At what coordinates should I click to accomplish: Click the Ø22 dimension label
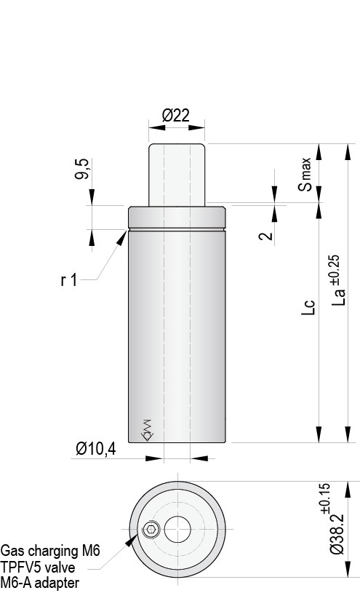tap(176, 115)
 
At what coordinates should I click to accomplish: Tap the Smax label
tap(308, 174)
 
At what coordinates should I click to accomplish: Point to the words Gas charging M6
tap(50, 550)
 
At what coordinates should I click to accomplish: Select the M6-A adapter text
tap(40, 582)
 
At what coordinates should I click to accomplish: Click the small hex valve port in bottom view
tap(151, 530)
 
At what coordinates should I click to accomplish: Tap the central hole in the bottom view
tap(177, 529)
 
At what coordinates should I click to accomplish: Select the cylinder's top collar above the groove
tap(177, 218)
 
